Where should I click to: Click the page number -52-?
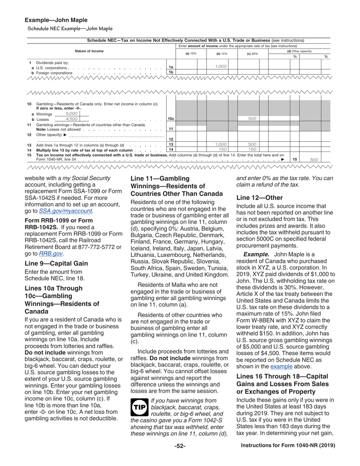(180, 446)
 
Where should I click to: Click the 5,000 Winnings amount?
(71, 113)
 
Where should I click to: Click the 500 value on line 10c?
(252, 119)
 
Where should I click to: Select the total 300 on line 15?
(314, 160)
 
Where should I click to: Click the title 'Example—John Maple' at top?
(56, 20)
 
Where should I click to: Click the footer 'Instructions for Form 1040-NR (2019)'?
(288, 446)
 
